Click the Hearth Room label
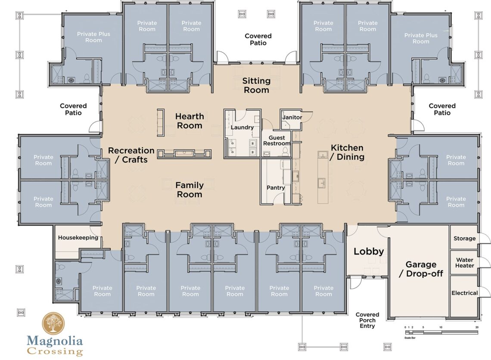[190, 121]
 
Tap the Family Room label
[190, 190]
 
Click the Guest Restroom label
[277, 141]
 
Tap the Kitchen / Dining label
[347, 152]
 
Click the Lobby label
[369, 251]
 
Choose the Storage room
[464, 238]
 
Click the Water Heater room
[464, 263]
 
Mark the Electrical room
[464, 293]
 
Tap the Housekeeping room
[78, 238]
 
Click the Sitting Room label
[256, 85]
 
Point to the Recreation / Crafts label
[131, 155]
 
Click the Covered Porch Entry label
[367, 320]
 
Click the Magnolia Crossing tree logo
[53, 323]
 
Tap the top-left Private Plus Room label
[93, 37]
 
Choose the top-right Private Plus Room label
[421, 38]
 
